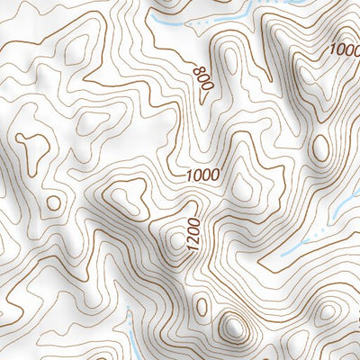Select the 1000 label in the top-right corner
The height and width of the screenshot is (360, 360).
click(343, 49)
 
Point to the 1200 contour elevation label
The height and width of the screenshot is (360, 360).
click(192, 233)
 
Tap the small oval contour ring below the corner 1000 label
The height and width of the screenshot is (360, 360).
click(319, 147)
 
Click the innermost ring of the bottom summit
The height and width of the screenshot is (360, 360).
click(232, 326)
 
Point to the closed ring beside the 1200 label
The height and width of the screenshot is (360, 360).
click(175, 239)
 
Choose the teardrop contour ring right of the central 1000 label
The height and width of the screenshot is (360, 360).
click(240, 184)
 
